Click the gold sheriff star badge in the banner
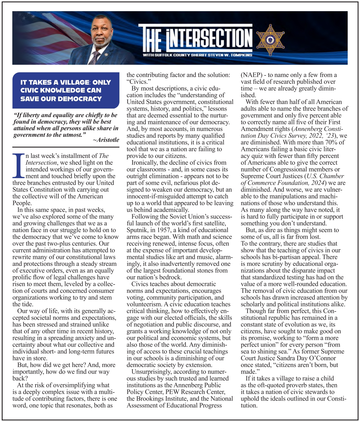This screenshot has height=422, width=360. pos(270,40)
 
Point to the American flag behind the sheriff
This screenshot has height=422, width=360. pos(43,32)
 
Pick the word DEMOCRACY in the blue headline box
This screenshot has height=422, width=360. pos(83,99)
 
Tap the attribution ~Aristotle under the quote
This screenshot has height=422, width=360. pos(106,140)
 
